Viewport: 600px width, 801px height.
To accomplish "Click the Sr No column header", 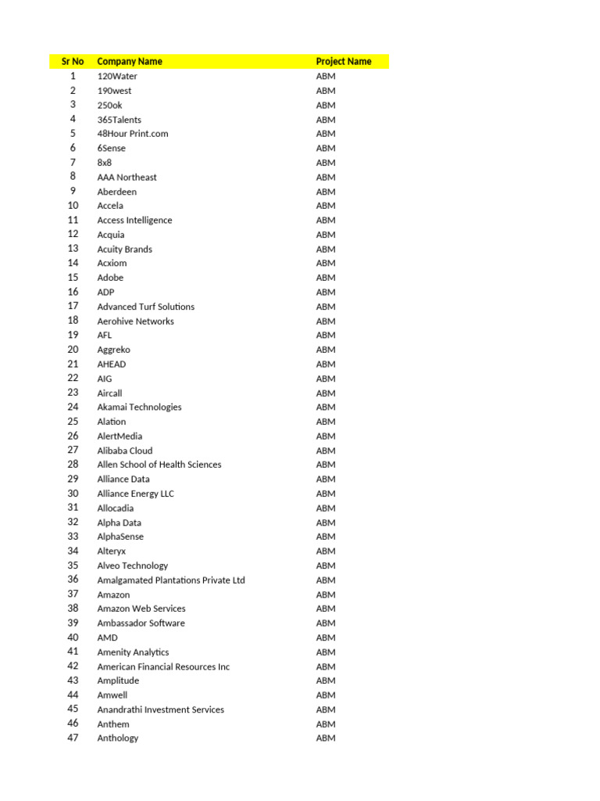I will (73, 61).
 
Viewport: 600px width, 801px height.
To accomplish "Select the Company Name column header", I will (130, 61).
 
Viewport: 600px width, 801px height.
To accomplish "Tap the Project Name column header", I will (344, 61).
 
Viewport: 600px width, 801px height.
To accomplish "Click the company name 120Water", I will (117, 76).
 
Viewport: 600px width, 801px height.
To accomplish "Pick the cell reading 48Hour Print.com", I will (133, 134).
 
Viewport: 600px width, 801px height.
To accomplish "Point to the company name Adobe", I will (110, 278).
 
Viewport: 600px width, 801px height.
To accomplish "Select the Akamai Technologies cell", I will (139, 407).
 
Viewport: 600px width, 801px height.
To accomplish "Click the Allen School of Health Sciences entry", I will (159, 465).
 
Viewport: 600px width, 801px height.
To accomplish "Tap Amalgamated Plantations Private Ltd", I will (171, 580).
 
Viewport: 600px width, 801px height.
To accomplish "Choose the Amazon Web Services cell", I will (141, 609).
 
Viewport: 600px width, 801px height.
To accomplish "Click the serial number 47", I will (73, 738).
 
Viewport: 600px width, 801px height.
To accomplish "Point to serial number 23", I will (73, 393).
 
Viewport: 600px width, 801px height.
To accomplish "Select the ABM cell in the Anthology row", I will (326, 738).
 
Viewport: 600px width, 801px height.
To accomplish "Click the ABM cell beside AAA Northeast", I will (326, 177).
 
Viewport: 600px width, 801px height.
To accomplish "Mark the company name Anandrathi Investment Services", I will (160, 709).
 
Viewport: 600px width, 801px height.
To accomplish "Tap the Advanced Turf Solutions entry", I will (146, 307).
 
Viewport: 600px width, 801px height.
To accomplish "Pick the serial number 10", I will (73, 206).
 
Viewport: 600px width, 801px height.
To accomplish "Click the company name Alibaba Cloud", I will (125, 451).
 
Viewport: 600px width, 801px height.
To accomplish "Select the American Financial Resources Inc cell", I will (163, 666).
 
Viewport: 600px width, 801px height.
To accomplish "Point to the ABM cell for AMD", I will (326, 638).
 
